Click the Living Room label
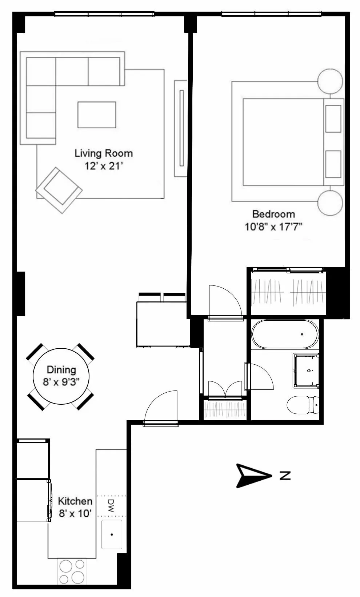[104, 153]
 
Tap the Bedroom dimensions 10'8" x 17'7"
[273, 227]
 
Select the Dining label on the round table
[61, 370]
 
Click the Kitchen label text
[75, 501]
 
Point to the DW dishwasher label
[111, 506]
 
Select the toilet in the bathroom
[303, 405]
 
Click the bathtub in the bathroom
[285, 334]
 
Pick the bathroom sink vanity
[305, 370]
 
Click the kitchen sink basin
[112, 534]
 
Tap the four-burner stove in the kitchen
[72, 572]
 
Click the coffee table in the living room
[97, 115]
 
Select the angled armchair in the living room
[59, 190]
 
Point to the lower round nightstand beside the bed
[330, 203]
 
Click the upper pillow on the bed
[333, 119]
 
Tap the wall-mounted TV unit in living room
[181, 128]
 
